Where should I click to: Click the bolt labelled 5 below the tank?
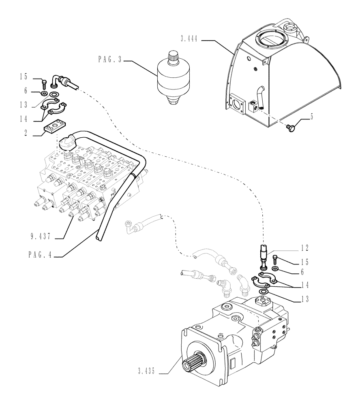[290, 128]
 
